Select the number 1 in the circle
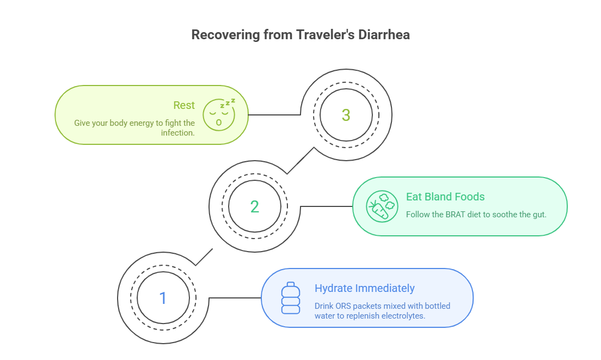(x=162, y=298)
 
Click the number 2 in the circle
(x=254, y=207)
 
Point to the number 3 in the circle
(x=346, y=115)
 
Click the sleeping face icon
(x=219, y=115)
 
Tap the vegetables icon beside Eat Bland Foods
(x=382, y=206)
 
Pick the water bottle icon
(x=290, y=298)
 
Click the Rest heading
(x=184, y=106)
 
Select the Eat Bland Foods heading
(x=445, y=197)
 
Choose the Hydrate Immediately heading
(x=364, y=288)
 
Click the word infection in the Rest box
(x=177, y=133)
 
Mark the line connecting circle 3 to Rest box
(x=274, y=115)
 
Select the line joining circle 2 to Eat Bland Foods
(x=327, y=206)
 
